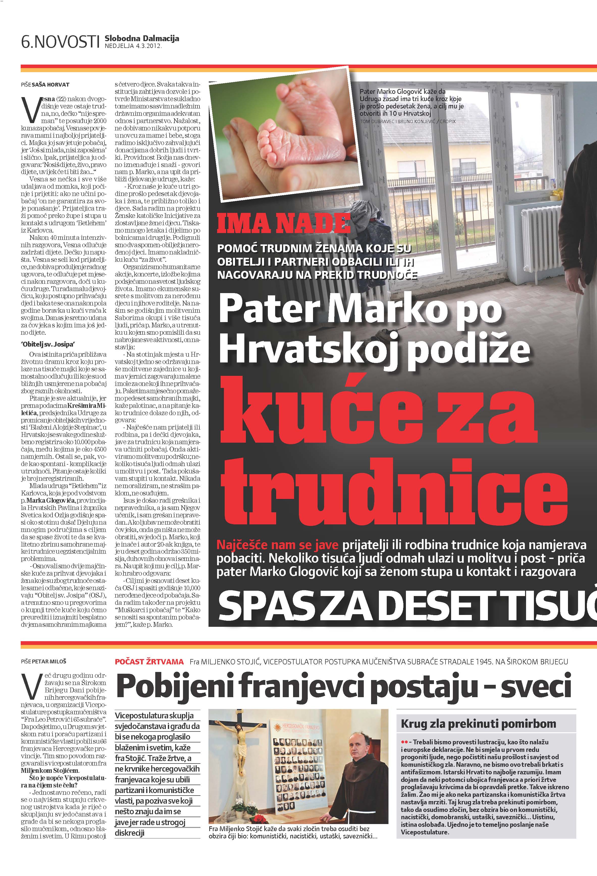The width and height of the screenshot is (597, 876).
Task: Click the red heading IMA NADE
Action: coord(283,224)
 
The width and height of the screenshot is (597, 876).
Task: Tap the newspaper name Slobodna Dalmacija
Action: coord(142,38)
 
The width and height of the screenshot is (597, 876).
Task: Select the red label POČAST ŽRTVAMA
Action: coord(149,662)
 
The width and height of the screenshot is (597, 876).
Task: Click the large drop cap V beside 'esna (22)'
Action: coord(31,110)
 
